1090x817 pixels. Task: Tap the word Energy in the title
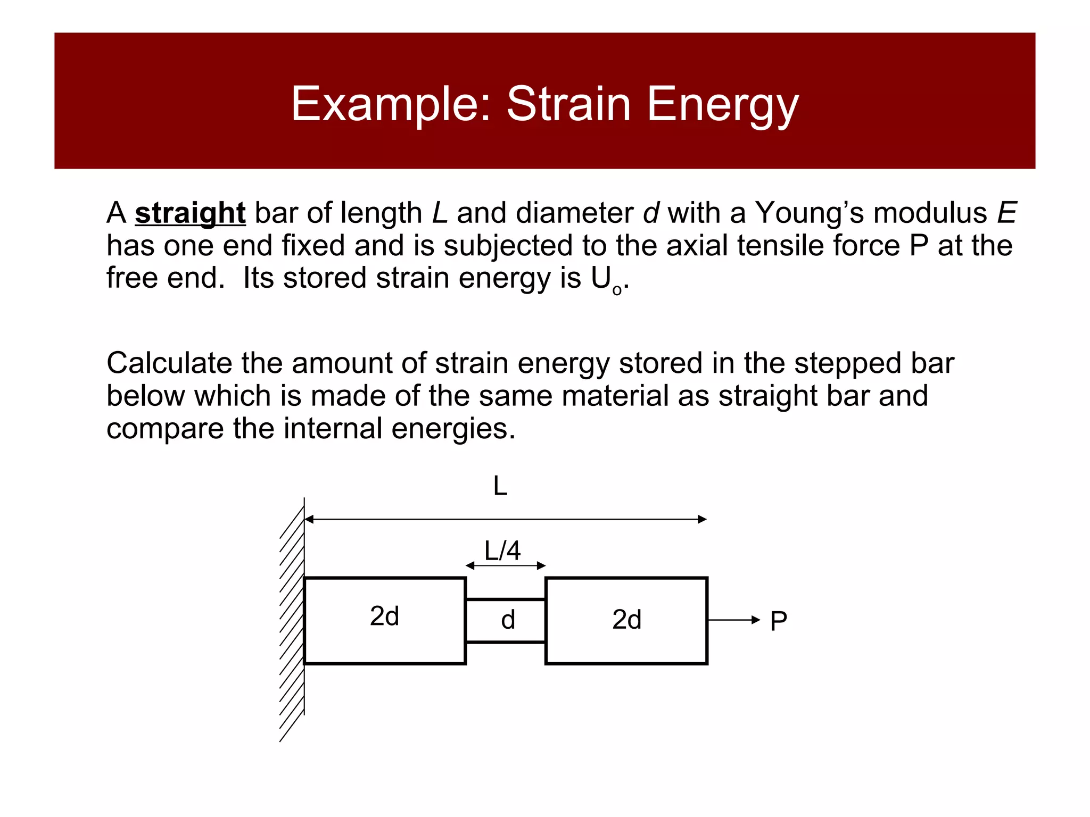722,104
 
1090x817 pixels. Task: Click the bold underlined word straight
190,213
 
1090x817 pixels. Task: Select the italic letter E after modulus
1006,213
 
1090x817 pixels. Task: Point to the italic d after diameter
650,213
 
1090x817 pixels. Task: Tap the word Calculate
169,363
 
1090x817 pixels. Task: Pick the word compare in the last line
164,429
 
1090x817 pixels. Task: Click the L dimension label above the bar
500,486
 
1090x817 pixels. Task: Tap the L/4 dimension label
502,551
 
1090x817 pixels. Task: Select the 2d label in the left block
384,616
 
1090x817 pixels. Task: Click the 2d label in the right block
626,620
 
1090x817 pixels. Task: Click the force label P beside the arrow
779,621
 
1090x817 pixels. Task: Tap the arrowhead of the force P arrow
756,620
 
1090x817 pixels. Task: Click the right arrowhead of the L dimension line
703,519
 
